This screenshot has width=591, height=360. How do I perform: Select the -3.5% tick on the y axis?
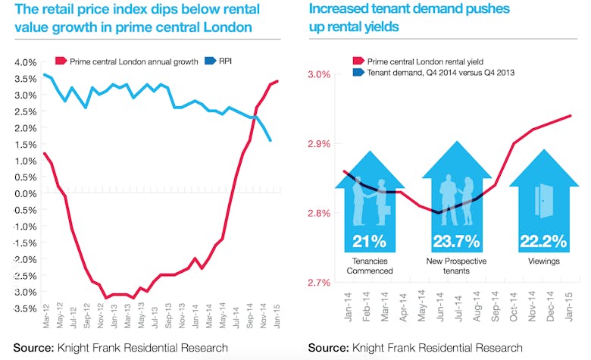(x=23, y=308)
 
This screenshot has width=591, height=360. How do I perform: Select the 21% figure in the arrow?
(x=371, y=243)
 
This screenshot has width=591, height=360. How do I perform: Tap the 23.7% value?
(x=456, y=243)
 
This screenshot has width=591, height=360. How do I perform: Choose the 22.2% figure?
(x=543, y=243)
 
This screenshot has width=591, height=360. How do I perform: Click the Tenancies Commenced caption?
(x=370, y=265)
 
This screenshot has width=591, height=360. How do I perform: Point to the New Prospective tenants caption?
(x=456, y=265)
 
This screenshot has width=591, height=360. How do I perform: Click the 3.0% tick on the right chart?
(x=319, y=74)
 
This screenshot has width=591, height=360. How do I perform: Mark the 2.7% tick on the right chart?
(x=319, y=283)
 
